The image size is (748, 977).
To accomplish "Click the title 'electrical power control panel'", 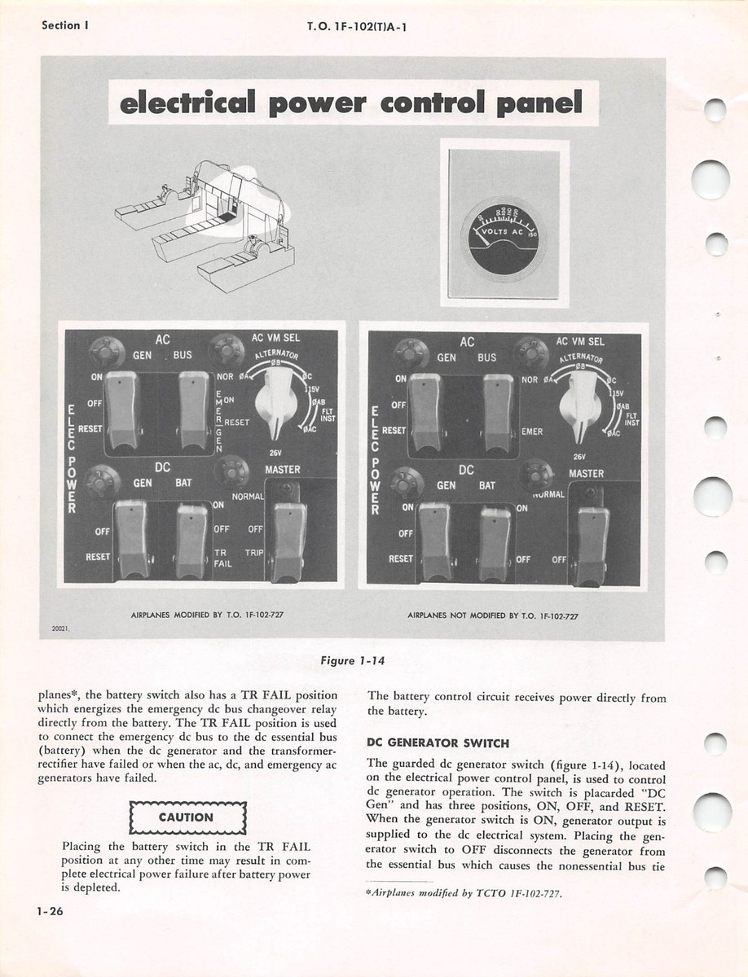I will point(352,103).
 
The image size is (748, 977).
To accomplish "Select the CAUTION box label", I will point(187,817).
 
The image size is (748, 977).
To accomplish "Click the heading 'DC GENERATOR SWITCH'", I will point(438,743).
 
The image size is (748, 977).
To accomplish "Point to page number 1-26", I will point(51,912).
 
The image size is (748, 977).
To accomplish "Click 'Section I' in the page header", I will point(65,25).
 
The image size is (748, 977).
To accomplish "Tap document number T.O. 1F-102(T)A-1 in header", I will point(357,26).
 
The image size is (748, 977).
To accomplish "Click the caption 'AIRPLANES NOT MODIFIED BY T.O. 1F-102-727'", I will point(492,616).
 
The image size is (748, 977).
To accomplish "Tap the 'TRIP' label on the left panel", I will point(254,551).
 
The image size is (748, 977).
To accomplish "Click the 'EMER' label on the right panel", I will point(532,432).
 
